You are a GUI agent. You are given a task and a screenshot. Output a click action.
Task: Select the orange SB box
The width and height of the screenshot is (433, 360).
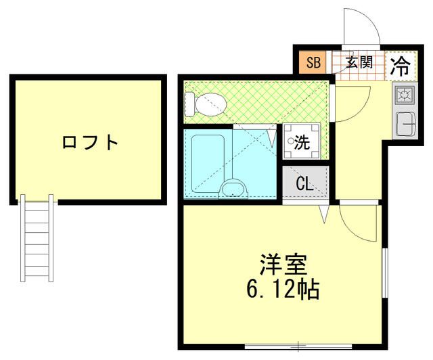[313, 64]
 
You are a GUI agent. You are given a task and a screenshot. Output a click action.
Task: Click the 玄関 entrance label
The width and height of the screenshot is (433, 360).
[359, 64]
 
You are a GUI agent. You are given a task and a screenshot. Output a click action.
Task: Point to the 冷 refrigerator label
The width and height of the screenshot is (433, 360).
[401, 65]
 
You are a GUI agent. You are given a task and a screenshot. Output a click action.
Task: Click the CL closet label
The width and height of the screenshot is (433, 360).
[304, 183]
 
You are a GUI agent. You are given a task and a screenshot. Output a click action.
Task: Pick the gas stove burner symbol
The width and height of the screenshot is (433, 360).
[405, 95]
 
